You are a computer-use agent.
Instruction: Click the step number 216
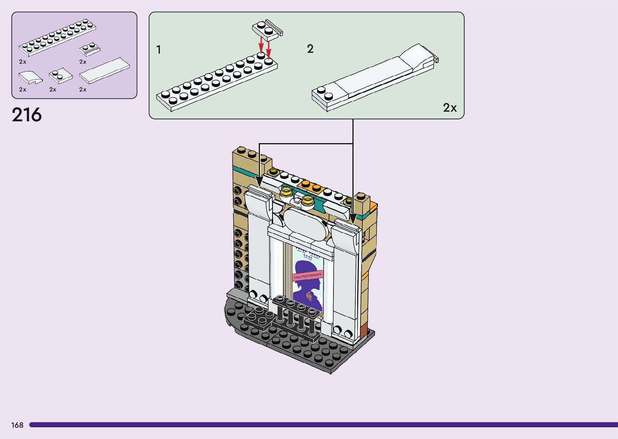[27, 115]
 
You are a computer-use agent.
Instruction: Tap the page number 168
[17, 425]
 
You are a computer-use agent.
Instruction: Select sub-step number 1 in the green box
[159, 50]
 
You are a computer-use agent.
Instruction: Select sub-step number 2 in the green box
[310, 49]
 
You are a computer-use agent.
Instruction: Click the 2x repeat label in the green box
[450, 108]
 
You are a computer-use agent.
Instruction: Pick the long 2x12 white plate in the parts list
[57, 37]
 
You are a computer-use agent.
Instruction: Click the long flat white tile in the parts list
[105, 70]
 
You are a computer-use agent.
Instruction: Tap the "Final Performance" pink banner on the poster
[308, 276]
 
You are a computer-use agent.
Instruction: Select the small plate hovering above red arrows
[267, 29]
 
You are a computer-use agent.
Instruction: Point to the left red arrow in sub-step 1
[261, 45]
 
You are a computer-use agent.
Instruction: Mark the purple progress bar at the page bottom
[323, 425]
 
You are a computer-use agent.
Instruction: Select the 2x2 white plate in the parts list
[61, 75]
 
